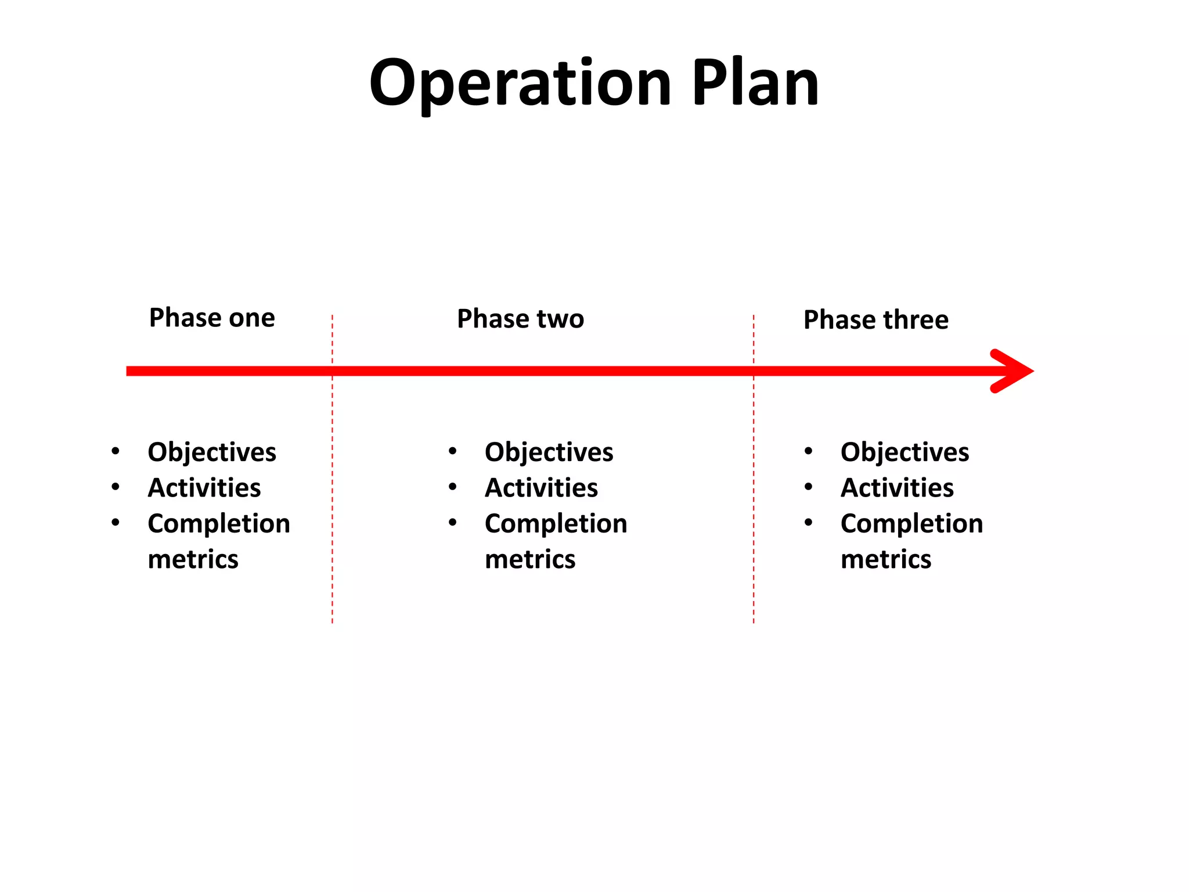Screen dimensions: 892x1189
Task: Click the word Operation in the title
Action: pyautogui.click(x=520, y=83)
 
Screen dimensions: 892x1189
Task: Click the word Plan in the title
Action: pyautogui.click(x=755, y=83)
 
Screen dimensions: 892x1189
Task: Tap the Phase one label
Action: pyautogui.click(x=212, y=318)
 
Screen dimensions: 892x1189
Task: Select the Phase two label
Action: pyautogui.click(x=520, y=319)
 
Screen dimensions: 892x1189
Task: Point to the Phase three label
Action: pyautogui.click(x=875, y=320)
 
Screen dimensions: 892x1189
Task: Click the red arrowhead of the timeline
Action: pyautogui.click(x=1013, y=371)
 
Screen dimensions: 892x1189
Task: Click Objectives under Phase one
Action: pyautogui.click(x=212, y=452)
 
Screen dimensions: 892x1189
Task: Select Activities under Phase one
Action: pyautogui.click(x=204, y=488)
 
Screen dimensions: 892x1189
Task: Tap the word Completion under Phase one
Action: pyautogui.click(x=219, y=524)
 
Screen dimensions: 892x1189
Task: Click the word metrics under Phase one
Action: pyautogui.click(x=193, y=559)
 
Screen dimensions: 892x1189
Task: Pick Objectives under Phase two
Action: pyautogui.click(x=549, y=452)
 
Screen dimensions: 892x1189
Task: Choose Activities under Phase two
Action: pyautogui.click(x=541, y=488)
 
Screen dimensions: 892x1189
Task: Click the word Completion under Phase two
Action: pyautogui.click(x=556, y=524)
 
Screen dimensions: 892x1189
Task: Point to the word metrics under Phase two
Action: pyautogui.click(x=530, y=559)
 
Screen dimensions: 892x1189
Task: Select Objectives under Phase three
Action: pyautogui.click(x=905, y=452)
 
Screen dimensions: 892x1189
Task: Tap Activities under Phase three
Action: pyautogui.click(x=897, y=488)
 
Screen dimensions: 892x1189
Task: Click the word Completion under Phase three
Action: pyautogui.click(x=911, y=524)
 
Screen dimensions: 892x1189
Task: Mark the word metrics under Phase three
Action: pyautogui.click(x=886, y=559)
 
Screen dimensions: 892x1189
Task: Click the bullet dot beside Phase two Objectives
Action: pyautogui.click(x=453, y=451)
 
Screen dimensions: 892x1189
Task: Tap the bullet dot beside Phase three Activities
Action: pyautogui.click(x=809, y=487)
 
